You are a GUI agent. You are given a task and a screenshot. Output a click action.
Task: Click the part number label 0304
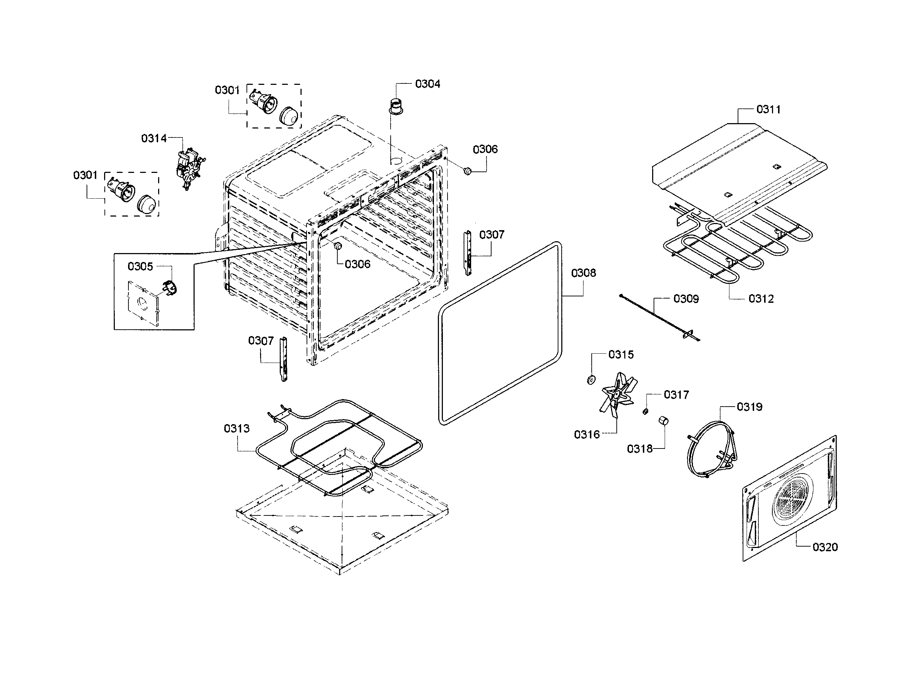[x=427, y=84]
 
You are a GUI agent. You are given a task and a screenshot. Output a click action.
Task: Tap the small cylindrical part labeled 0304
[x=395, y=106]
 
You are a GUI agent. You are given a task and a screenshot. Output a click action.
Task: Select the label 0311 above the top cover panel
[x=768, y=109]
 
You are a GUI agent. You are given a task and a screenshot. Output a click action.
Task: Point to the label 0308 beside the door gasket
[x=583, y=273]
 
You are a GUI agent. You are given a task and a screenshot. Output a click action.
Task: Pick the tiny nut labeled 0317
[x=645, y=411]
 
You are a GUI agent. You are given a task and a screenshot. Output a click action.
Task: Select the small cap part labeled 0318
[x=664, y=421]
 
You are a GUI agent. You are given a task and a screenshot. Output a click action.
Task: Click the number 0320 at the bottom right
[x=825, y=547]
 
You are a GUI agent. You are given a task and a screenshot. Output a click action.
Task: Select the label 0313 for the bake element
[x=236, y=428]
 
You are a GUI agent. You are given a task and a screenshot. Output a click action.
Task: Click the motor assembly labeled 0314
[x=188, y=168]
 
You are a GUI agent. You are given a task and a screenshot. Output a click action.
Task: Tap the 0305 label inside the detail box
[x=140, y=266]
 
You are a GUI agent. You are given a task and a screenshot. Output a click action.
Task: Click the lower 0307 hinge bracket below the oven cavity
[x=283, y=359]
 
